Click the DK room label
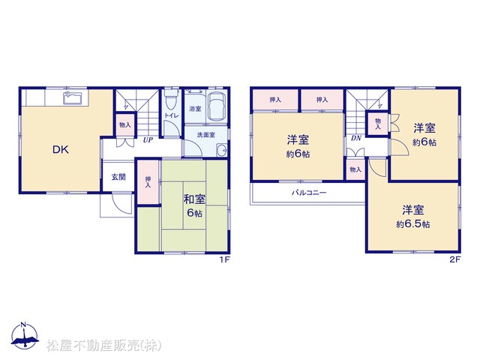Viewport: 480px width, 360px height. point(61,149)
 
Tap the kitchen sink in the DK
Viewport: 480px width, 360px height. point(72,98)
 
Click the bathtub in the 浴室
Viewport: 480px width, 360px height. point(217,106)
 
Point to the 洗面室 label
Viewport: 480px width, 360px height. point(205,135)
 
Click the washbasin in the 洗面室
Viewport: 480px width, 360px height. point(222,150)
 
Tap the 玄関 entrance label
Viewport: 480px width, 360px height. point(118,177)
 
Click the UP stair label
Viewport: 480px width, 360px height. point(148,140)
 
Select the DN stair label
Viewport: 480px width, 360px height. point(356,138)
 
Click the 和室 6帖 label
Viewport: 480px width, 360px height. point(194,205)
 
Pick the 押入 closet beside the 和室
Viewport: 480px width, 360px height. point(148,181)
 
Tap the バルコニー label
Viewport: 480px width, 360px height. point(309,193)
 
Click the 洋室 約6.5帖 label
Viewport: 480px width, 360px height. point(413,217)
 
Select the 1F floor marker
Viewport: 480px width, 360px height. point(224,259)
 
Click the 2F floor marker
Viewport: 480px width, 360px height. point(455,259)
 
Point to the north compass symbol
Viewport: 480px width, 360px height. point(25,335)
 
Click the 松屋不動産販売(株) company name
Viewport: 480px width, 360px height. point(103,345)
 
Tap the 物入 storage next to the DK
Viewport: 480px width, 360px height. point(125,125)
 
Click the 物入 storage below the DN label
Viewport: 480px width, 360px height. point(355,169)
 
